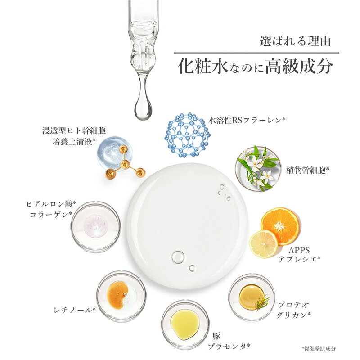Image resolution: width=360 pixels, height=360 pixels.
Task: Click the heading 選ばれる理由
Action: click(x=295, y=41)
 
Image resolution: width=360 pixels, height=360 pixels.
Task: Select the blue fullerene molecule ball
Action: click(x=187, y=135)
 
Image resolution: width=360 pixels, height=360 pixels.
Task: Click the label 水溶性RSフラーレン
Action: click(x=247, y=120)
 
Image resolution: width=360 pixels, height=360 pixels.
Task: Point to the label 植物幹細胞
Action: click(x=307, y=170)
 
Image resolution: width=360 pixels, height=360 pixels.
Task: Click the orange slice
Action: click(x=280, y=226)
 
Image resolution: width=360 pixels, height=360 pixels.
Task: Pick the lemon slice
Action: click(x=264, y=244)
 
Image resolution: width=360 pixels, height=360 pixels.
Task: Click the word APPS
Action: click(x=299, y=250)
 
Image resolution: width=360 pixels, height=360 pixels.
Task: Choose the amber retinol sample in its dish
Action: click(x=117, y=295)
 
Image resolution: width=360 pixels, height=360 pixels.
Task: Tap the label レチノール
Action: click(x=75, y=310)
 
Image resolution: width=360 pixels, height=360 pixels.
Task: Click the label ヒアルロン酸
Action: click(x=51, y=204)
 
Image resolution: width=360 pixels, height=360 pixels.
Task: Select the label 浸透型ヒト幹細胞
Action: click(x=74, y=131)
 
